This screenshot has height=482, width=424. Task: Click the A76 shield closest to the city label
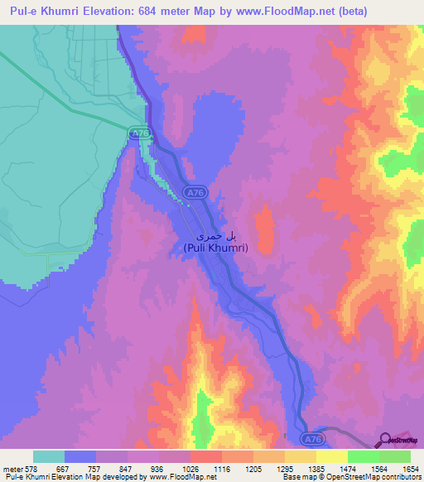(x=195, y=193)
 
